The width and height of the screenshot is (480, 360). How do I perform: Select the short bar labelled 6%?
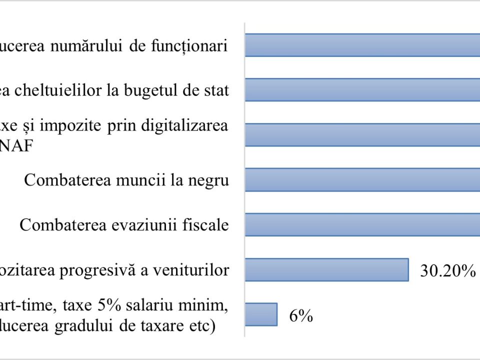coord(261,314)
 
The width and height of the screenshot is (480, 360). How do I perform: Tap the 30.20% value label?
coord(447,271)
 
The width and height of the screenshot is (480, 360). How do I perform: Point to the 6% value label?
coord(300,316)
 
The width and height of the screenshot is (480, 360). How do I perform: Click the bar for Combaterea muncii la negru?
coord(362,180)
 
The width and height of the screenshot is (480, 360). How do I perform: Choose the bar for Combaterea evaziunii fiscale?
coord(362,224)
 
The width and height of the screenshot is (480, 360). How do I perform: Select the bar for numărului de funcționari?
coord(362,45)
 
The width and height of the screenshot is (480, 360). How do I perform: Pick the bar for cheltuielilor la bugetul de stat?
coord(362,90)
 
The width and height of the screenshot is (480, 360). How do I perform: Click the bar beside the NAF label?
coord(362,135)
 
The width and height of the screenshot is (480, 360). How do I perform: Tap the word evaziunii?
coord(143,225)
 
